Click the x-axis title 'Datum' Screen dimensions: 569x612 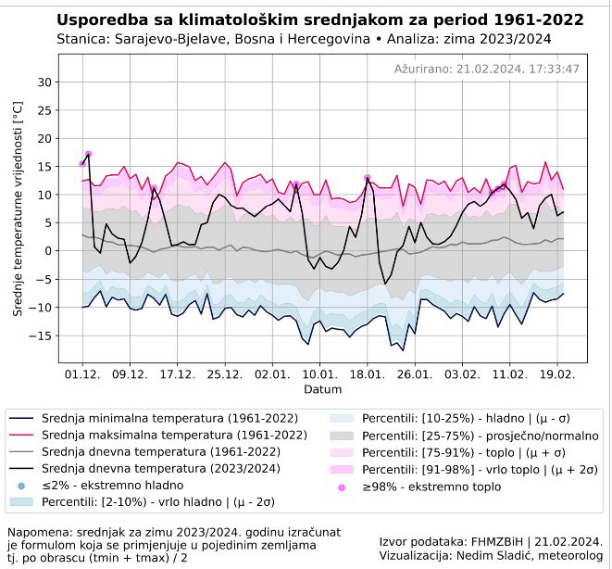coord(321,390)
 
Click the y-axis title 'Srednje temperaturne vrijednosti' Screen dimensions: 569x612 coord(18,210)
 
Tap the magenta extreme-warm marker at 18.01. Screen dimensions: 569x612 coord(368,178)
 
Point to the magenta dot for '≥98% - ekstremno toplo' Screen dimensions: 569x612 coord(342,486)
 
